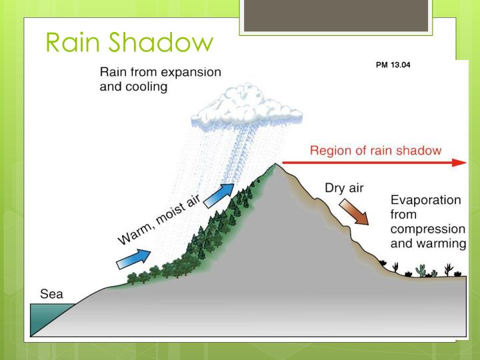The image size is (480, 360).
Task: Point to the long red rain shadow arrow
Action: [373, 163]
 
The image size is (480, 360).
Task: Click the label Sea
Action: [45, 293]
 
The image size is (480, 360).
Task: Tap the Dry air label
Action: [344, 188]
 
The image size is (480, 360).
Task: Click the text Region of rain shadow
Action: [375, 150]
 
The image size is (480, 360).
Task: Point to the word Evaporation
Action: [425, 200]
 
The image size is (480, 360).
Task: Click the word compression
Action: [427, 229]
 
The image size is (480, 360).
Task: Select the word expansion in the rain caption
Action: [185, 72]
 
